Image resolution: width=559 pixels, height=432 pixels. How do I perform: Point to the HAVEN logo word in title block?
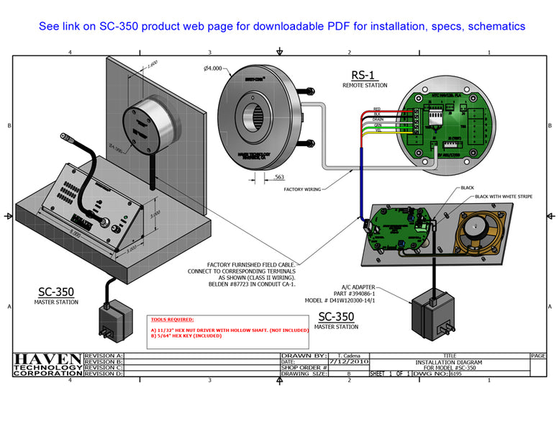point(47,359)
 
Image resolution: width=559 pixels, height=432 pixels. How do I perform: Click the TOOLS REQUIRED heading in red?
point(172,318)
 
